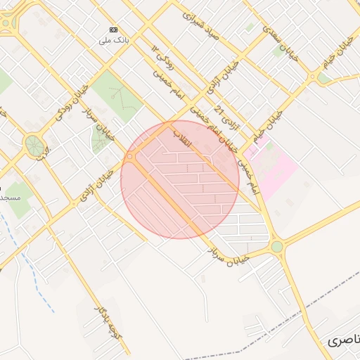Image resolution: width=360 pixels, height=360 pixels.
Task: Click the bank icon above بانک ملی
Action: [x=113, y=29]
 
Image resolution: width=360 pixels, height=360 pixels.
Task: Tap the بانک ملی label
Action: [x=113, y=40]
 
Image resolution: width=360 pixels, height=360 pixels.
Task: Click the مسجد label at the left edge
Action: [x=8, y=198]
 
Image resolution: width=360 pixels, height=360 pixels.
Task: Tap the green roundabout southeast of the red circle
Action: [x=277, y=247]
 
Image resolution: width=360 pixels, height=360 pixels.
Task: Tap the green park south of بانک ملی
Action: [x=116, y=95]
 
